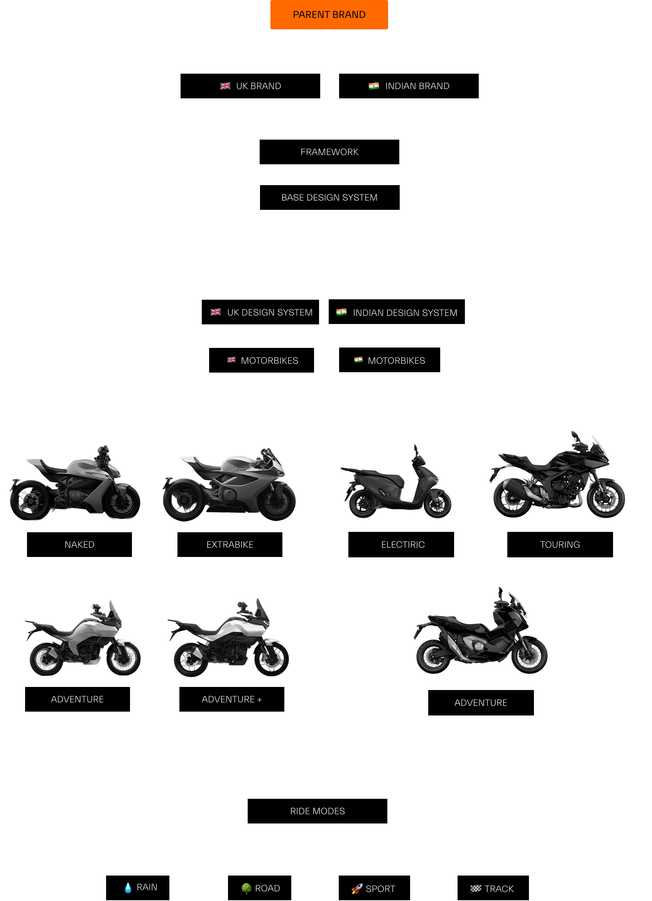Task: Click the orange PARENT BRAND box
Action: [x=329, y=15]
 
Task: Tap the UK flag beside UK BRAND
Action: [x=225, y=86]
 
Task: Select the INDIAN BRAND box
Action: [x=409, y=86]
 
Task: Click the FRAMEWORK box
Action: [x=329, y=152]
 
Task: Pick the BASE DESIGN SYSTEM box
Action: [x=330, y=197]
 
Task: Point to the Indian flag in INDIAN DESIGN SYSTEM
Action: [x=341, y=312]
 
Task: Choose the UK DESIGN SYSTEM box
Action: [x=260, y=312]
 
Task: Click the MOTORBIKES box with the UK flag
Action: [x=262, y=360]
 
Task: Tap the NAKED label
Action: [x=79, y=545]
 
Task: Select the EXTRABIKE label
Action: [x=230, y=545]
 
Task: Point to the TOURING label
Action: [x=560, y=545]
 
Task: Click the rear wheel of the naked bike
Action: [x=29, y=500]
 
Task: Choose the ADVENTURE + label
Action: [x=231, y=699]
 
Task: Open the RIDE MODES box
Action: [x=318, y=811]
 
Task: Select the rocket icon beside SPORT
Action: [x=357, y=889]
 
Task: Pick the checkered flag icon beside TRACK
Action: [x=476, y=889]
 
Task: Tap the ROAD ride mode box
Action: [x=259, y=888]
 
